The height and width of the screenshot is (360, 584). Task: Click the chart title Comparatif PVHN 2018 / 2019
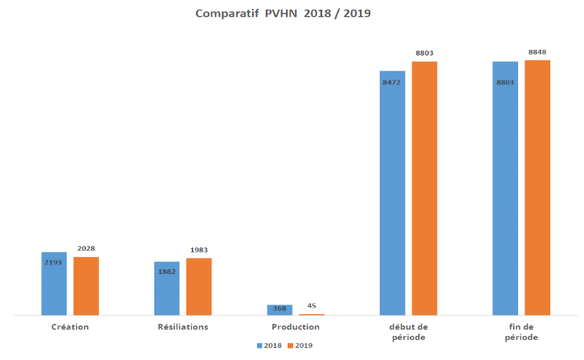[284, 13]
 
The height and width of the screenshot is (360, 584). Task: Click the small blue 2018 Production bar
[280, 309]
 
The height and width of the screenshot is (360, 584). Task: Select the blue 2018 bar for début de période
[393, 193]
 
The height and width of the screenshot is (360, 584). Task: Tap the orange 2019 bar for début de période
[424, 188]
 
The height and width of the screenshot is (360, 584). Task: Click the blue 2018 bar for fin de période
[505, 188]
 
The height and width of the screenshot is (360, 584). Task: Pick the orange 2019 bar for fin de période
[537, 187]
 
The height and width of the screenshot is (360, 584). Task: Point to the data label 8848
[537, 52]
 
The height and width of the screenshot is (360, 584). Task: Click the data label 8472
[393, 83]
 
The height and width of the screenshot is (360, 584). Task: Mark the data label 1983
[198, 250]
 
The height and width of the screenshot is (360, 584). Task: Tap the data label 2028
[86, 248]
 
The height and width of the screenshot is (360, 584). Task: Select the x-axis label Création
[70, 327]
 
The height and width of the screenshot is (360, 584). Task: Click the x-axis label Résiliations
[182, 327]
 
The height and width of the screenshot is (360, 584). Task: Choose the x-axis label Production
[296, 327]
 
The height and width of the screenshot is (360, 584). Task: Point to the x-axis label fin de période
[521, 332]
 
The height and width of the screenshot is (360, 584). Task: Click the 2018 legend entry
[271, 346]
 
